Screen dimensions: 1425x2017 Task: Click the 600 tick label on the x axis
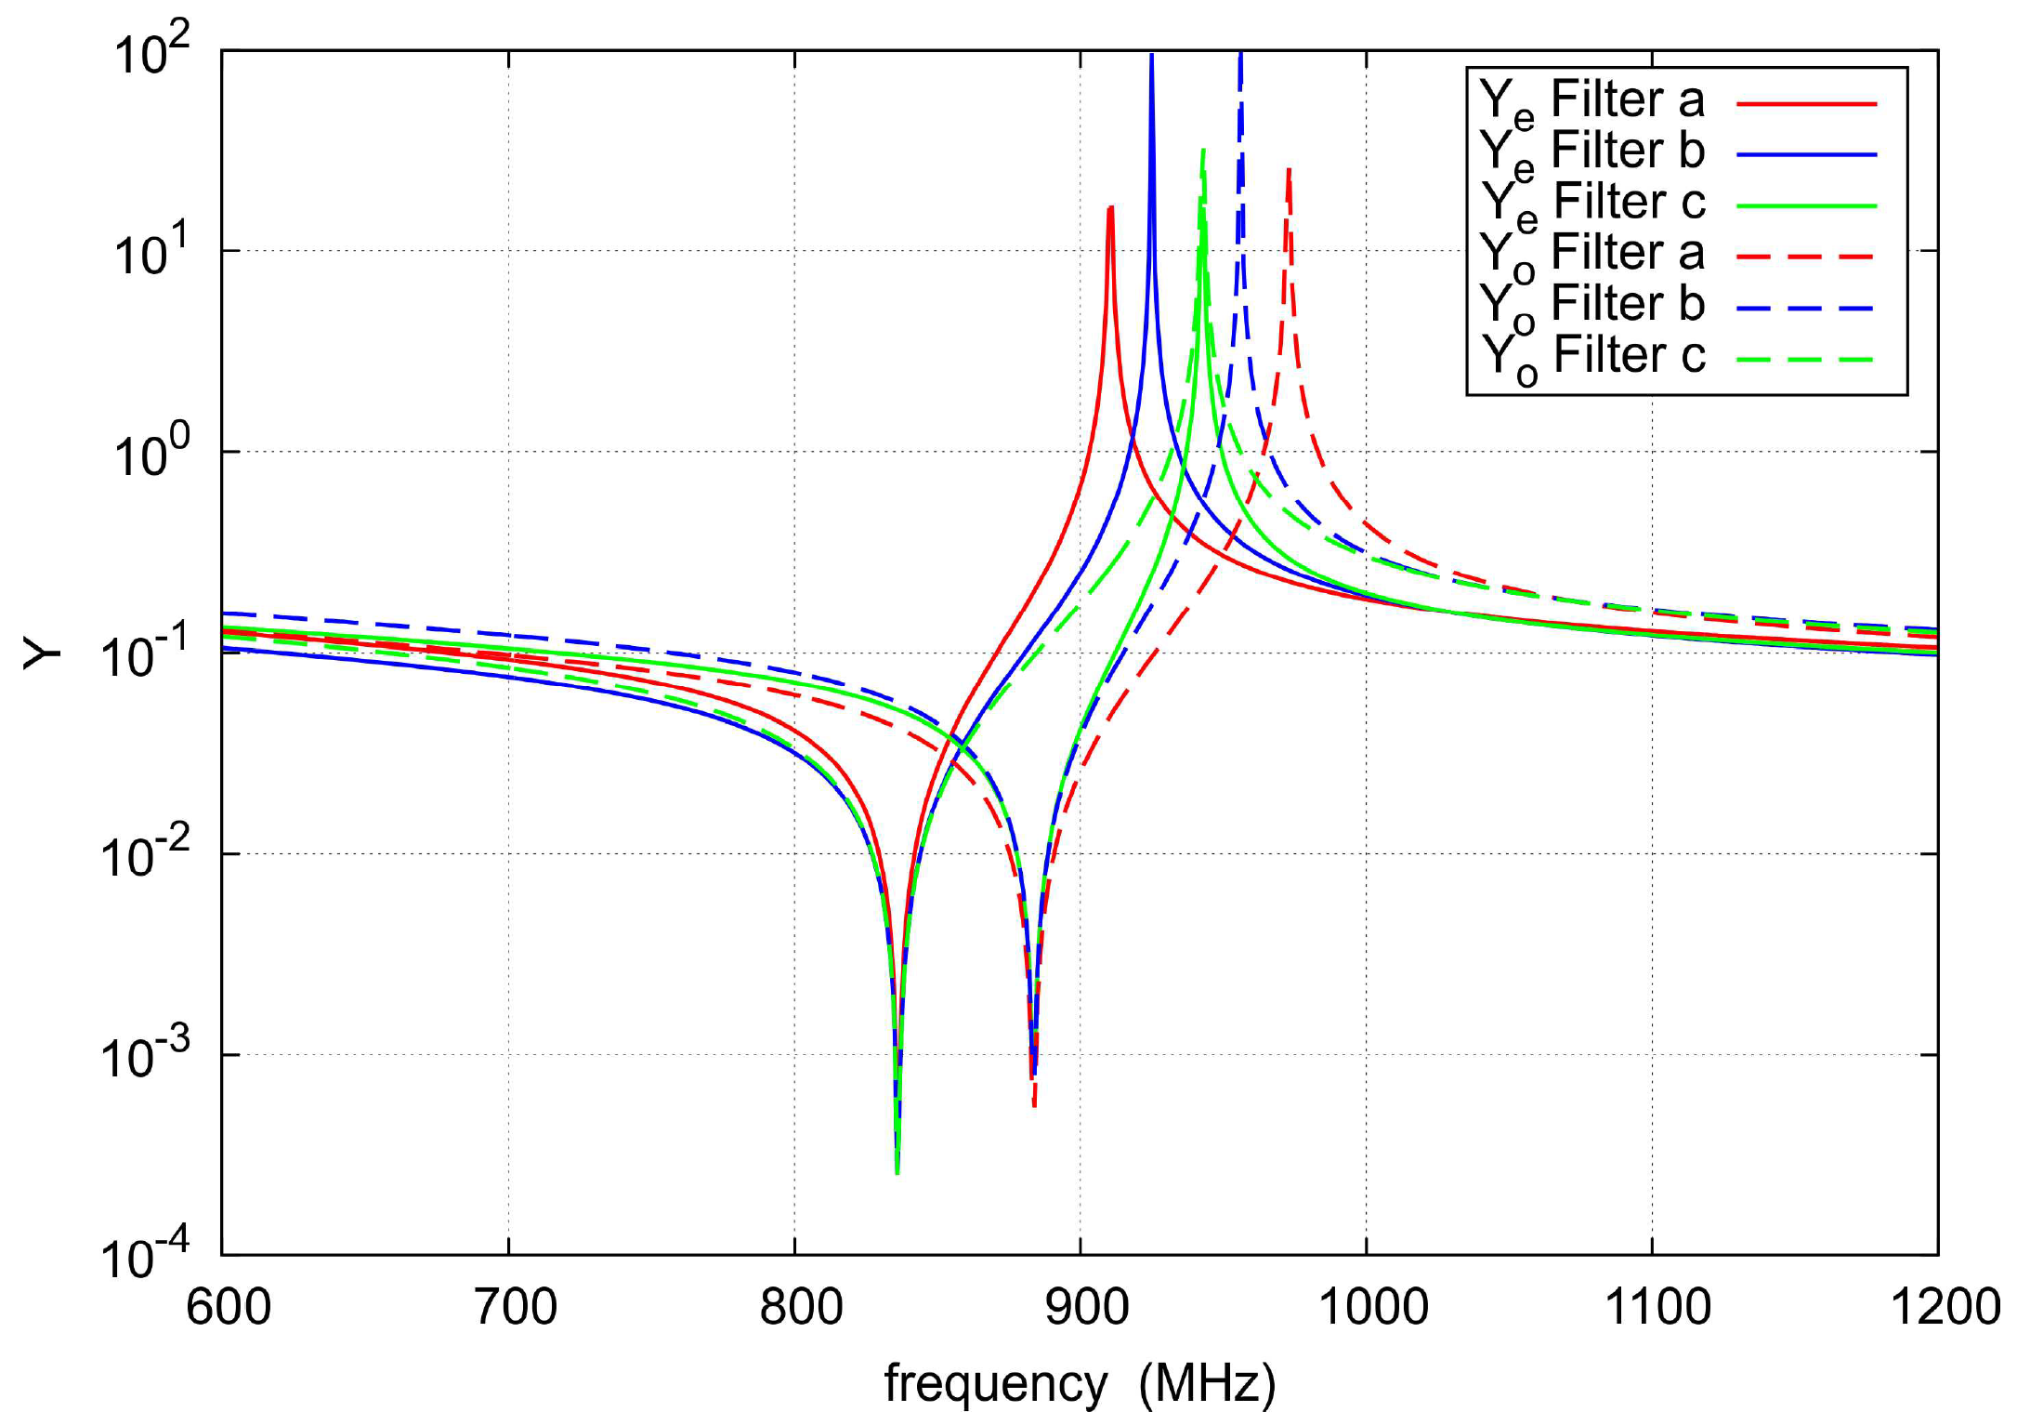pos(229,1306)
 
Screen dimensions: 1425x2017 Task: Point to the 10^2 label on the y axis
pos(151,52)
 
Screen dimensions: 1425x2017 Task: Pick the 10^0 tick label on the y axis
pos(151,454)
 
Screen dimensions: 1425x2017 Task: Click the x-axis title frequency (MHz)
pos(1080,1383)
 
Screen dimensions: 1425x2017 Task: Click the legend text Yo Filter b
pos(1591,306)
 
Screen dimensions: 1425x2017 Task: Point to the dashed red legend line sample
pos(1806,256)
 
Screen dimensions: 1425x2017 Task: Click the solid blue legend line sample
pos(1806,154)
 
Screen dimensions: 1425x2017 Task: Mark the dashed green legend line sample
pos(1806,359)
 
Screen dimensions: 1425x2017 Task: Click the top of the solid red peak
pos(1110,208)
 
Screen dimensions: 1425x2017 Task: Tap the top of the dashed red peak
pos(1289,170)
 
